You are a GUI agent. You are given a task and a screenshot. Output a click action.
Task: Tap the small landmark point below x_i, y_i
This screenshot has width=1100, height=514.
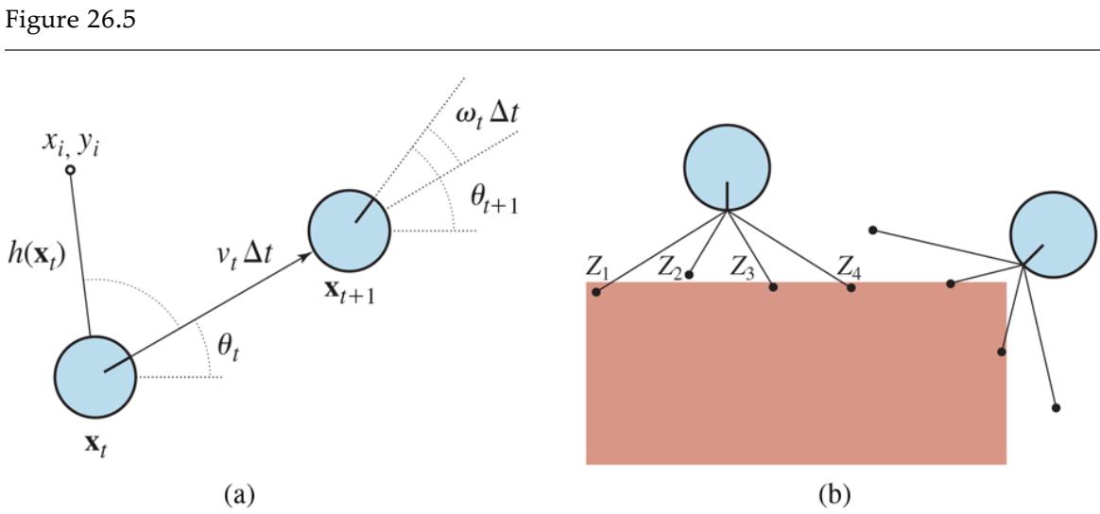click(x=69, y=170)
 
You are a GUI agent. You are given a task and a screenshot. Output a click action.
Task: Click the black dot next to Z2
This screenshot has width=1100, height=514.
click(x=691, y=275)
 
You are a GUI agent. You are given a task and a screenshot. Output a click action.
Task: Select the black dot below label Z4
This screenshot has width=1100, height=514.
click(x=851, y=287)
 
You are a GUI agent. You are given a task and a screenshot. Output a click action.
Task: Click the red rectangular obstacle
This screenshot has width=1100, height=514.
click(x=796, y=378)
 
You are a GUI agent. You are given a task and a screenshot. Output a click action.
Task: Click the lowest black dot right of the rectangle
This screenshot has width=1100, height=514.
click(x=1056, y=408)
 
